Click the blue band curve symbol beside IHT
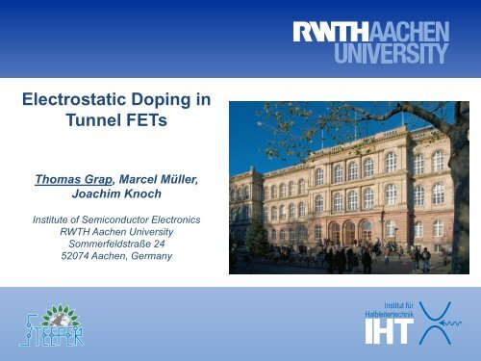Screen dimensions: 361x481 (x=440, y=320)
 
